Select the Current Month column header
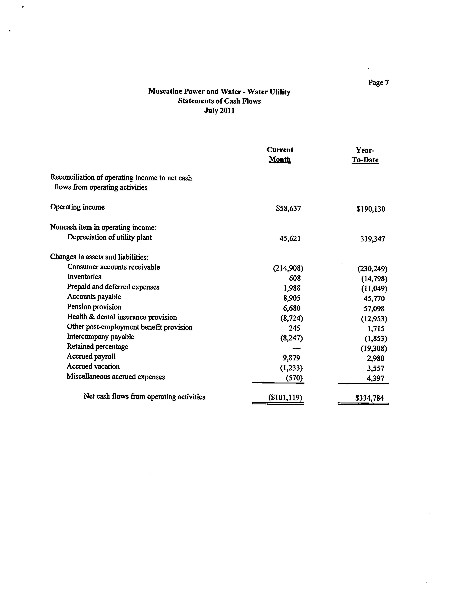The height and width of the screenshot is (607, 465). point(280,155)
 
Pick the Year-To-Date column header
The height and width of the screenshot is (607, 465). point(365,155)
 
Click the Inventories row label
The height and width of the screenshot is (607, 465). point(84,277)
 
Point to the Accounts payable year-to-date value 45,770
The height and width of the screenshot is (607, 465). point(374,299)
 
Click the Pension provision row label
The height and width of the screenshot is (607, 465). point(94,307)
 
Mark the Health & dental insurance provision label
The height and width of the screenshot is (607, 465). point(122,317)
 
